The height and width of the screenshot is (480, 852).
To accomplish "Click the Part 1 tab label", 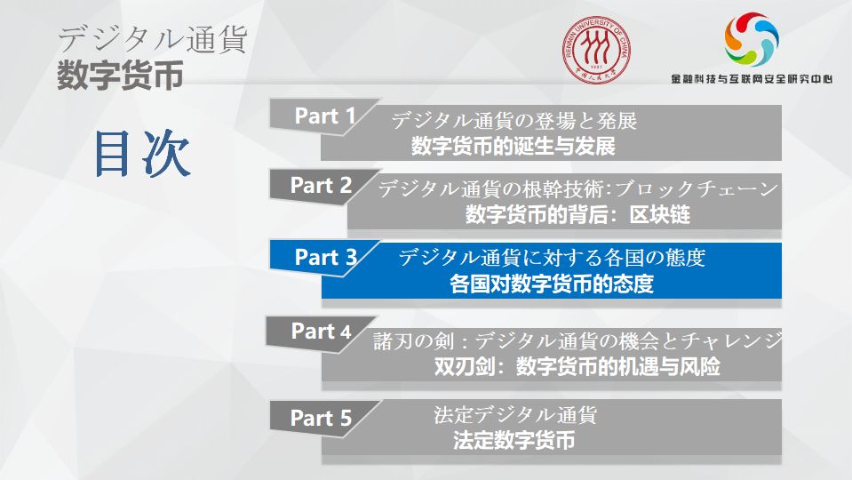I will tap(325, 116).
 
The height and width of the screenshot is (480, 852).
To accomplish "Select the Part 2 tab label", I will tap(322, 186).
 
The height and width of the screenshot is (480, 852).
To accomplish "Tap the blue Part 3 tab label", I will tap(325, 258).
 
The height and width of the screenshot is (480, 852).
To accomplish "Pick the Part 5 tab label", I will tap(322, 418).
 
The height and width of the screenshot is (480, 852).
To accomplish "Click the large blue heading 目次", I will tap(142, 154).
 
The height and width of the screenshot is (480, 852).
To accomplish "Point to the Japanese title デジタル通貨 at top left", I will tap(152, 40).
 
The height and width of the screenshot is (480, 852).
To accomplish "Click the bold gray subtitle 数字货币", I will tap(120, 76).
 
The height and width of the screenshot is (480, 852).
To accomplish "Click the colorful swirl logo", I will tap(751, 39).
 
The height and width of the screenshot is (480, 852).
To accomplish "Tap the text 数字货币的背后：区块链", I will tap(577, 215).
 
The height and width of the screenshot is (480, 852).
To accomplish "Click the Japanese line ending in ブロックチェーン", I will tap(578, 189).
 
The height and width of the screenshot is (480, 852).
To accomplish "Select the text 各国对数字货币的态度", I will tap(551, 285).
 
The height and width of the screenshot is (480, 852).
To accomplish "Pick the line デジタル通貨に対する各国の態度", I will tap(551, 259).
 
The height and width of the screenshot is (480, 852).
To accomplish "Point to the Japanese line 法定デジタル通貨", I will tap(515, 414).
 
